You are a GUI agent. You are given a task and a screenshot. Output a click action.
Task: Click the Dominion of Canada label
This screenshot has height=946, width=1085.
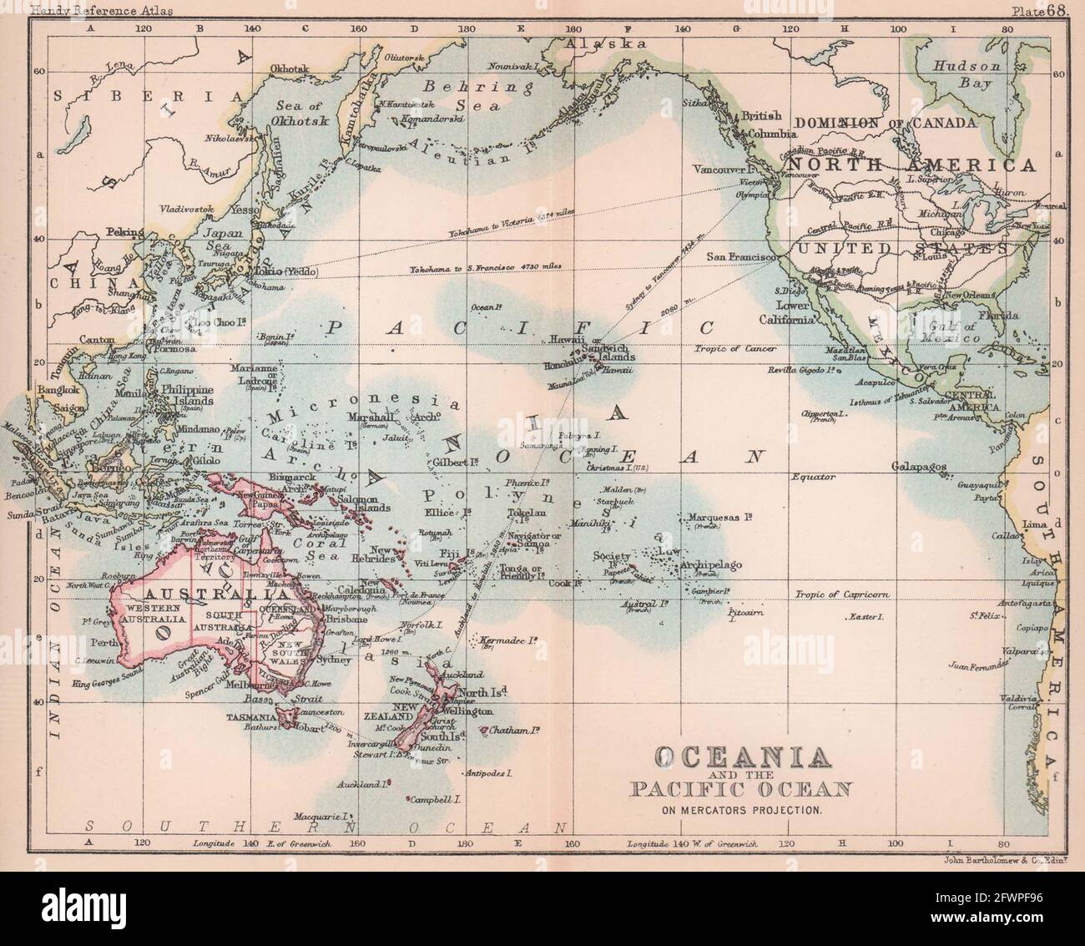pos(885,123)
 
